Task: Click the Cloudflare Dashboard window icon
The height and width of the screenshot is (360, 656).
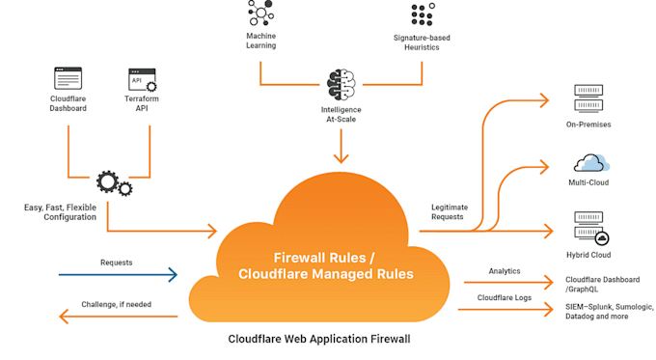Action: [68, 78]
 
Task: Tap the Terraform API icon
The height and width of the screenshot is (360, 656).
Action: [142, 78]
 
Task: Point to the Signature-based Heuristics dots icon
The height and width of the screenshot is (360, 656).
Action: [422, 14]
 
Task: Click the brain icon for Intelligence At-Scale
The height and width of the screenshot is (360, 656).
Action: [342, 85]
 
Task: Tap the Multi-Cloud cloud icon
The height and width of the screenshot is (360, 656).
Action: [588, 161]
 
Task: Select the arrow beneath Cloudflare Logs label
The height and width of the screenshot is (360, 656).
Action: [506, 310]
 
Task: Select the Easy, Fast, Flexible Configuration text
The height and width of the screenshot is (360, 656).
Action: [60, 212]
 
